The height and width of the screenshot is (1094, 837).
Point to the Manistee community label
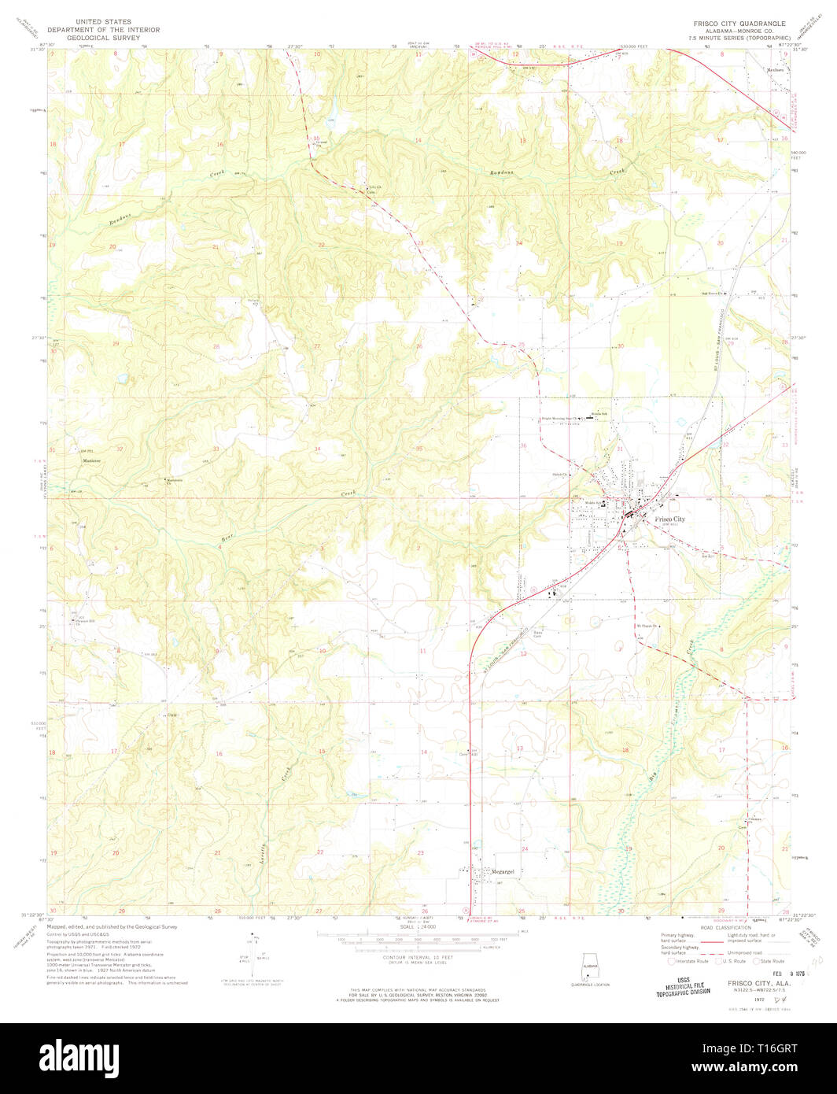[x=94, y=461]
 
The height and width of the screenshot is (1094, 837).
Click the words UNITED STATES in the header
[x=98, y=22]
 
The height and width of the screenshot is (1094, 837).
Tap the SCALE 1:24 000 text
[x=418, y=927]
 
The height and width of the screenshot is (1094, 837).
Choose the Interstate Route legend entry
[x=688, y=961]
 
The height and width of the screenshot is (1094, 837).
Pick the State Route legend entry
[x=771, y=961]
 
